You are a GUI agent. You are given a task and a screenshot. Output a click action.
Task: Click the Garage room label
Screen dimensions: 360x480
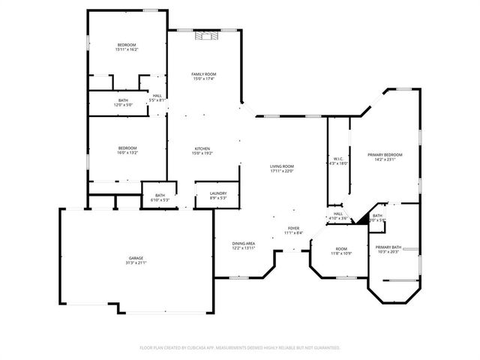(x=136, y=258)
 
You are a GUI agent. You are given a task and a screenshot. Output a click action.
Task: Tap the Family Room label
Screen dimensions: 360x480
(x=204, y=73)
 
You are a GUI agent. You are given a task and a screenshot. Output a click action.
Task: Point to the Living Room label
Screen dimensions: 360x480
(x=282, y=166)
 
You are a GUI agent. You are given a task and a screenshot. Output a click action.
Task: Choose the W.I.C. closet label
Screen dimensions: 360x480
(x=339, y=158)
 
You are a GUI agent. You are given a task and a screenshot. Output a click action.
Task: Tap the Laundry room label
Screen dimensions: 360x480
(x=217, y=194)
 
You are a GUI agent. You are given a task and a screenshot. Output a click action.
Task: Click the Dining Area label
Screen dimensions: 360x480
(x=244, y=243)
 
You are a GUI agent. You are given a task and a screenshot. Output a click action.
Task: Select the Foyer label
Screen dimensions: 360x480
(x=294, y=228)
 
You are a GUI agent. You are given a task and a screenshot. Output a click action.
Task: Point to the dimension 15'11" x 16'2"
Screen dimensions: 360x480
(x=127, y=49)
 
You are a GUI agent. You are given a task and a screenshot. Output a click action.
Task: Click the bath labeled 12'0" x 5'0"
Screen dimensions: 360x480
(x=123, y=103)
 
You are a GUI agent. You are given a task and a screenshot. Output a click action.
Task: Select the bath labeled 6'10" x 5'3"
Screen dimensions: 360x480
(x=160, y=198)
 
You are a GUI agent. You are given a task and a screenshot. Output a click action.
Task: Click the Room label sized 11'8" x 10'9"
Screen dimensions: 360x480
(x=341, y=251)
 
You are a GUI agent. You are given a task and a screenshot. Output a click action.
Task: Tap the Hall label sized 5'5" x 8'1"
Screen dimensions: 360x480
(x=157, y=97)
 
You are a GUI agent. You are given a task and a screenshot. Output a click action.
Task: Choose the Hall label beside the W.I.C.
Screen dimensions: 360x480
(x=338, y=215)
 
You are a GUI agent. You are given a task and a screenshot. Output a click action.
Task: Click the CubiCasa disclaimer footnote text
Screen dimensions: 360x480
(x=240, y=348)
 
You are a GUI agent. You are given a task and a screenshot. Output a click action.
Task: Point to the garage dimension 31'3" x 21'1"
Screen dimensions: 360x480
(x=136, y=263)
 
